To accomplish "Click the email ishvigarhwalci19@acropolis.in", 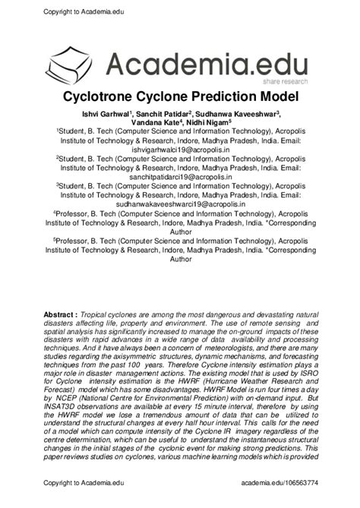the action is point(180,150).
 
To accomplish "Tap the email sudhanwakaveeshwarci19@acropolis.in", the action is point(180,204).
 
